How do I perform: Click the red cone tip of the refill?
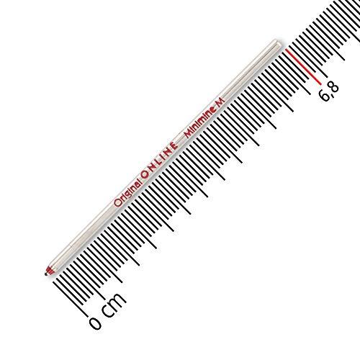(49, 270)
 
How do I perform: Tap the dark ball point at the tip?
(45, 274)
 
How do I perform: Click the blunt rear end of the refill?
(279, 42)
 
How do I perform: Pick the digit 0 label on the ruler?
(96, 323)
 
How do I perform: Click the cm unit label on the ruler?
(114, 305)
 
